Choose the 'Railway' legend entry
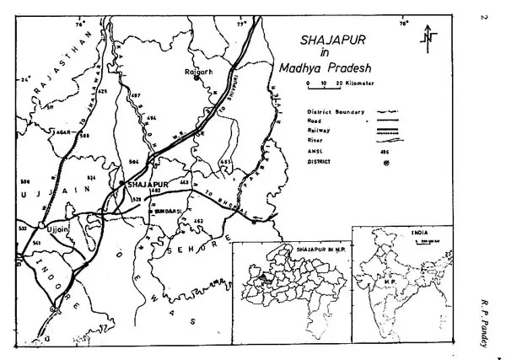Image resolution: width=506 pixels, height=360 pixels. tap(316, 131)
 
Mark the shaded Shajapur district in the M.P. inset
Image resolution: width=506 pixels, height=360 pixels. tap(264, 276)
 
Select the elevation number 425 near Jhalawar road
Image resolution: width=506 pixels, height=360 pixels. tap(103, 90)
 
